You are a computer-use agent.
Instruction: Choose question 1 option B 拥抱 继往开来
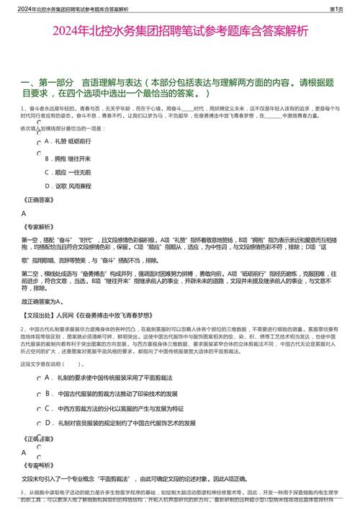pos(68,158)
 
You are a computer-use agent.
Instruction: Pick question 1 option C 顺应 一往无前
pos(68,172)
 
